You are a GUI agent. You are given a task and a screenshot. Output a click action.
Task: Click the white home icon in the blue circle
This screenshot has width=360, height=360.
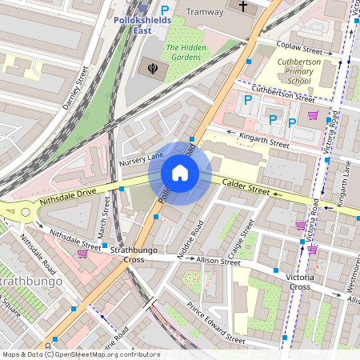point(180,172)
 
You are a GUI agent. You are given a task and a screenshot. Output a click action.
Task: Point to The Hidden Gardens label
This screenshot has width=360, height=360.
point(183,53)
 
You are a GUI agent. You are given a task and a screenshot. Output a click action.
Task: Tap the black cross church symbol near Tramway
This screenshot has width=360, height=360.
point(244,6)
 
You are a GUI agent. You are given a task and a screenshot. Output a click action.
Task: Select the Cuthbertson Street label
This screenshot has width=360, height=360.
point(282,94)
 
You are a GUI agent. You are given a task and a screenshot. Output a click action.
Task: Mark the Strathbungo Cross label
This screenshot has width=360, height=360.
point(127,254)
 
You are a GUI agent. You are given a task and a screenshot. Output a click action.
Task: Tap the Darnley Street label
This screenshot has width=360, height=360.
point(75,88)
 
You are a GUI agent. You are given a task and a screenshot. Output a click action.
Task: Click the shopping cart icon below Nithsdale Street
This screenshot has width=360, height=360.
point(82,253)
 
